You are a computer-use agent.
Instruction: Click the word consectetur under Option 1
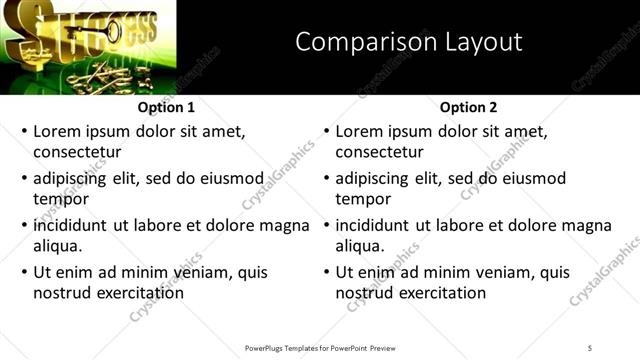[x=77, y=152]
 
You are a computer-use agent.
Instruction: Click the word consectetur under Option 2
[x=379, y=152]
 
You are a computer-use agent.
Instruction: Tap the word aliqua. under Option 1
[x=58, y=245]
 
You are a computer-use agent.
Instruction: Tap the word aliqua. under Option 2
[x=360, y=245]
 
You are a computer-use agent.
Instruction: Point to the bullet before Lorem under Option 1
[x=25, y=132]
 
